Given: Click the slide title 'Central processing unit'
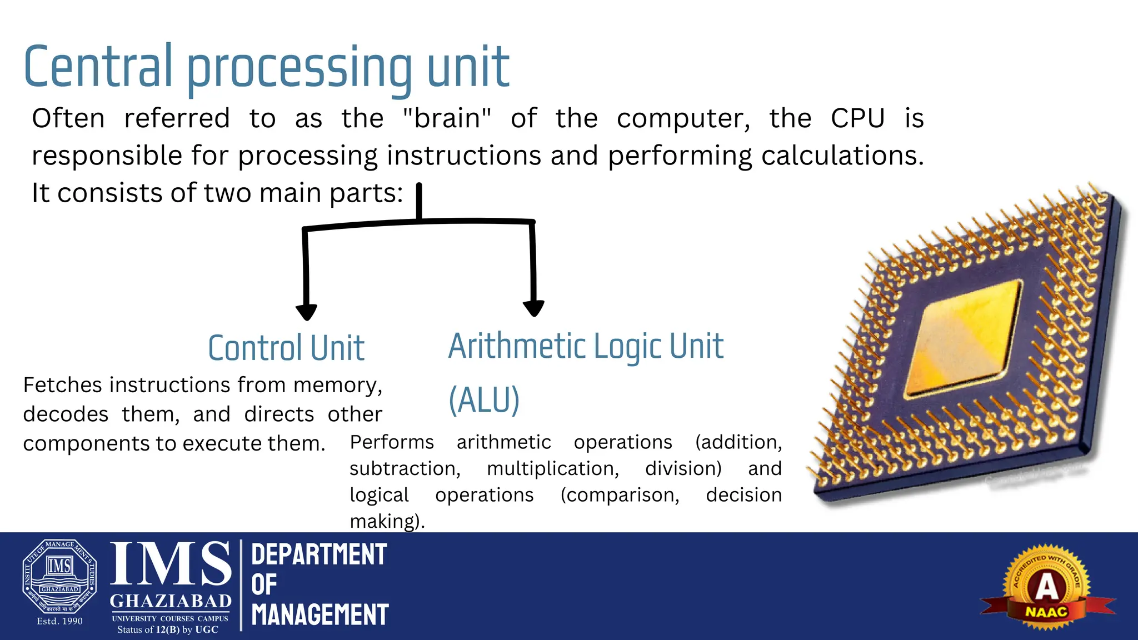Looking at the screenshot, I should coord(266,68).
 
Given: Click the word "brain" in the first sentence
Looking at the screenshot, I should coord(447,118).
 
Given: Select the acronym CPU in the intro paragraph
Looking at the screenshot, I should coord(857,118).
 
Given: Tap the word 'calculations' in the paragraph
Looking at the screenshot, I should coord(841,156).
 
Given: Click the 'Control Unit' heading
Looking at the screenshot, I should coord(286,348).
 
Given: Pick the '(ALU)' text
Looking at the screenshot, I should coord(484,399).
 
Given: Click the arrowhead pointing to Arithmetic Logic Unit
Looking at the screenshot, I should coord(533,308).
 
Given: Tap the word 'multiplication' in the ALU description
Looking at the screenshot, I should coord(552,468).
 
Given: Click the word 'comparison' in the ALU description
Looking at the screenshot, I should coord(620,494).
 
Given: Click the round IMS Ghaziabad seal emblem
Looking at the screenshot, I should coord(59,577).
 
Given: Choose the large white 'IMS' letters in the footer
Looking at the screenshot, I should coord(171,564).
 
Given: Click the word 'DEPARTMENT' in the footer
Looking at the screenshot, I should coord(319,555).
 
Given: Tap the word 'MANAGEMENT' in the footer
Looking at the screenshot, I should coord(320,615).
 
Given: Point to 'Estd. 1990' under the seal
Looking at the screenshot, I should coord(59,621).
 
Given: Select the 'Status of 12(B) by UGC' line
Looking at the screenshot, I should coord(168,629).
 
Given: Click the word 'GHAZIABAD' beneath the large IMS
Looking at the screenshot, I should coord(171,601).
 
